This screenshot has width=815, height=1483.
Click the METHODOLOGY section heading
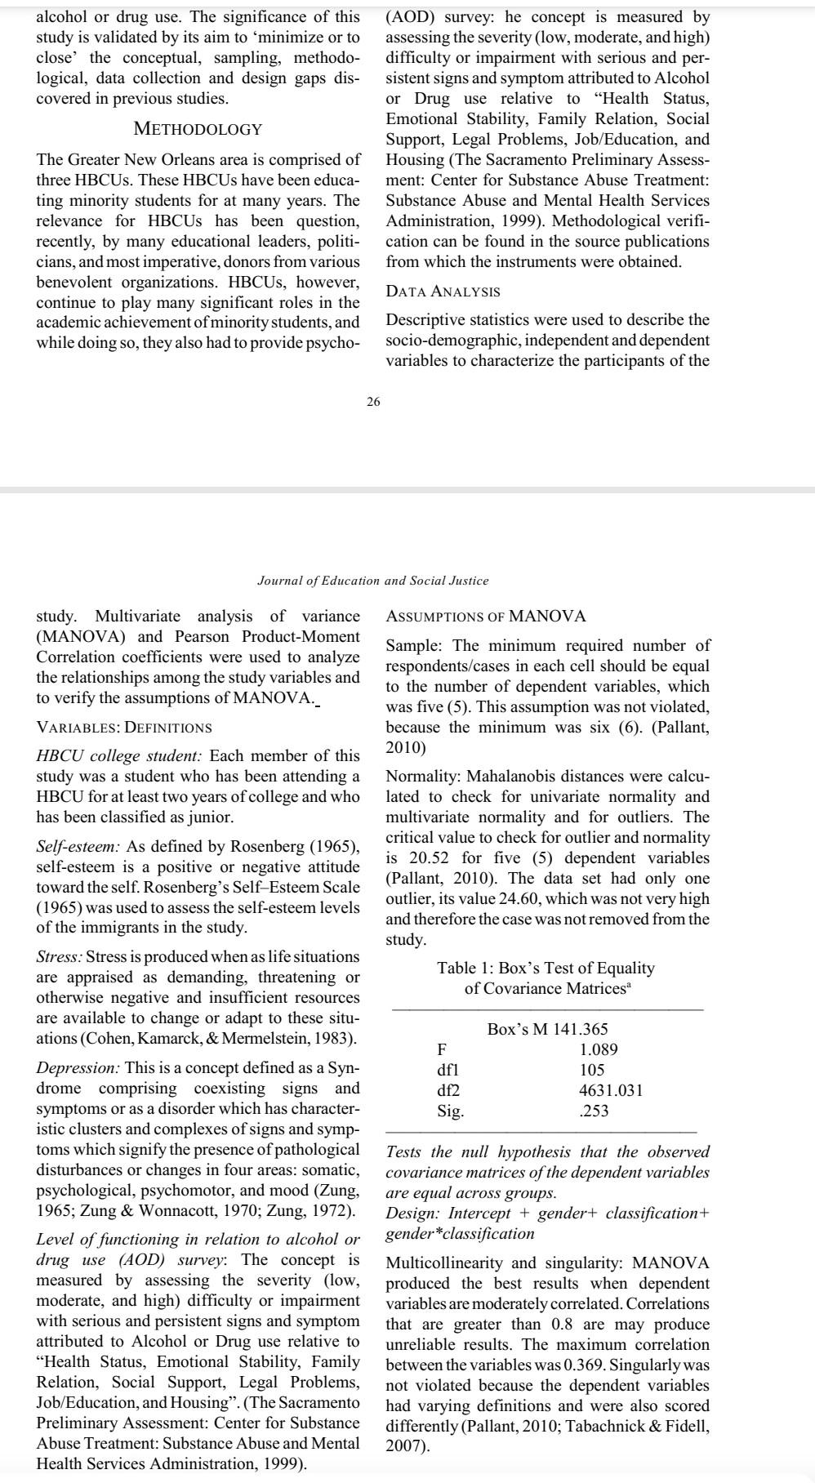[198, 129]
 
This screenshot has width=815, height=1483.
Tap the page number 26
[373, 401]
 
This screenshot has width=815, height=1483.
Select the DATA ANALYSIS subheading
[443, 292]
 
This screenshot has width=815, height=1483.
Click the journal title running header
[372, 581]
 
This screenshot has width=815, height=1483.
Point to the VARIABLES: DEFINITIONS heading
[124, 728]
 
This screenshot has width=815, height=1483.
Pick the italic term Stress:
[59, 956]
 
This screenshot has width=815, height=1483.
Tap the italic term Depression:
[78, 1068]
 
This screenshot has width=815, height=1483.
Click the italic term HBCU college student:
[120, 756]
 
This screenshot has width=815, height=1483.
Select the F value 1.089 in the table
[598, 1049]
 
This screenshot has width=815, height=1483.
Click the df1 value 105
[591, 1070]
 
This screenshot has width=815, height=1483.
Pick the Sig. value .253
[594, 1111]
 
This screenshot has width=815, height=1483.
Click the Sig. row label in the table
[451, 1111]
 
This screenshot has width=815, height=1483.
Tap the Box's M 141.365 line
[547, 1029]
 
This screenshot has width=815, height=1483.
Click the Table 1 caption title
[546, 978]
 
